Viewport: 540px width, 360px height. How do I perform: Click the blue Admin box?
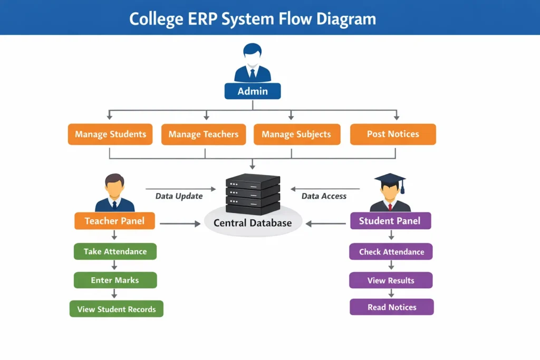253,91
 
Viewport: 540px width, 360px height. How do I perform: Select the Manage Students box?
110,134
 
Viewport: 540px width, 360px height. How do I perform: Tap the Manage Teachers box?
204,134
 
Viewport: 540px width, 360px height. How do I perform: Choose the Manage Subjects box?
296,134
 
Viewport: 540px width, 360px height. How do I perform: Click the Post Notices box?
393,134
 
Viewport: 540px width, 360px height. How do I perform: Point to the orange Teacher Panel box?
114,221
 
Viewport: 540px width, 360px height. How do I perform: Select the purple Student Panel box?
390,221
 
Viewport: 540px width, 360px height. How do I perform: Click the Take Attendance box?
115,251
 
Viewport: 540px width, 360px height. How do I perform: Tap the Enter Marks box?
115,280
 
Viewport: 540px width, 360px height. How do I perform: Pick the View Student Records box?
117,309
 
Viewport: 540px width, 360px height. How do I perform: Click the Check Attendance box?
391,251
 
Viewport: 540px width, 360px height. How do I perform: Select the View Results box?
391,280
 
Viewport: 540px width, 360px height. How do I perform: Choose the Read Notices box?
392,307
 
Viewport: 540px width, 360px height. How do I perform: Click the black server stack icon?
253,192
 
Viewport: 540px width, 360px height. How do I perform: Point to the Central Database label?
253,223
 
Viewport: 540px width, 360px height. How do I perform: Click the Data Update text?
179,196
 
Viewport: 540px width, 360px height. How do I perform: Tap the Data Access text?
324,196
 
